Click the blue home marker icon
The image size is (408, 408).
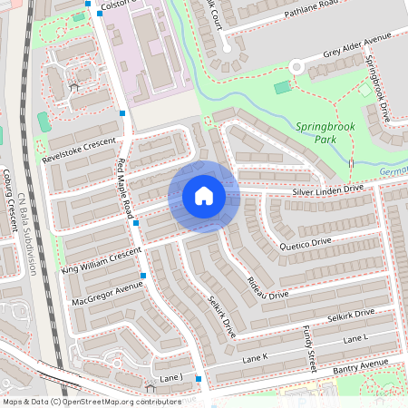tap(203, 196)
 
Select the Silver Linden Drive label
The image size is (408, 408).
tap(326, 190)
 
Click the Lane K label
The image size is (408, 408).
tap(257, 358)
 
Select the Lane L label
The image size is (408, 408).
tap(355, 338)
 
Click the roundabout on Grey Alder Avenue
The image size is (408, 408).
tap(296, 66)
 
